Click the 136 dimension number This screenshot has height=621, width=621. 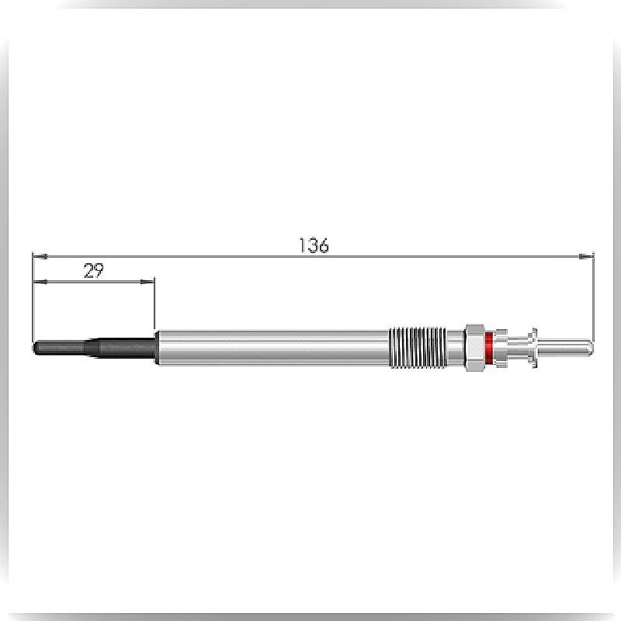[x=314, y=245]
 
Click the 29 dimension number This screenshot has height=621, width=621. [x=94, y=271]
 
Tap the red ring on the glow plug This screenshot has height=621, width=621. [x=489, y=348]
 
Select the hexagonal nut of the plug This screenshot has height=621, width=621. [x=474, y=348]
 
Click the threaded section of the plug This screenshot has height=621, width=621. [x=418, y=348]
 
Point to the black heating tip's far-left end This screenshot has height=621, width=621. [x=34, y=348]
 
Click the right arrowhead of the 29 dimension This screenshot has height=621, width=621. [x=147, y=282]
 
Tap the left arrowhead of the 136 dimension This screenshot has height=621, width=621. [x=40, y=257]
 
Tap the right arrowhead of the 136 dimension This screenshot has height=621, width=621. [x=586, y=257]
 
